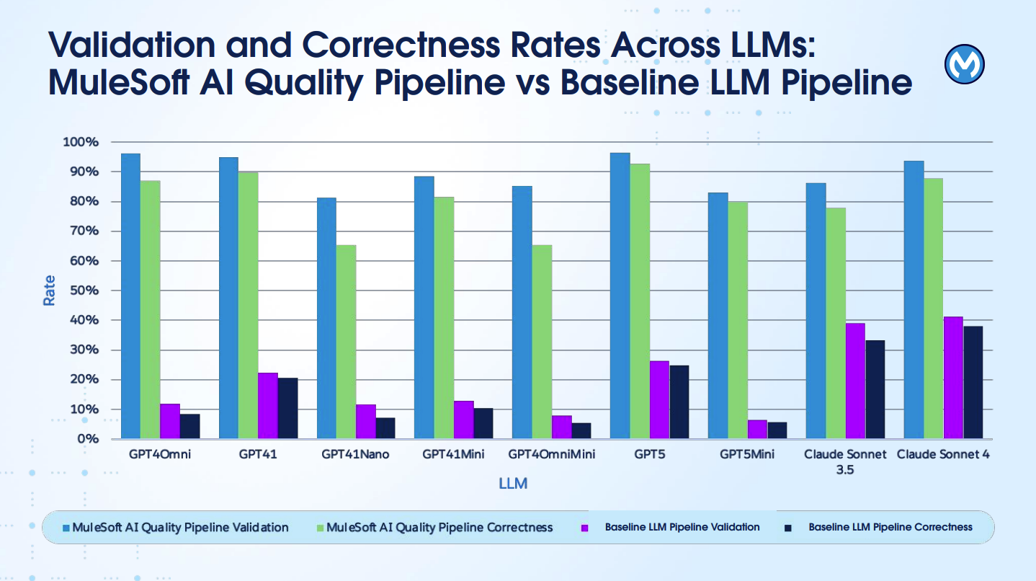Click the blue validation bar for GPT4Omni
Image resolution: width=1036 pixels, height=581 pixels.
click(130, 296)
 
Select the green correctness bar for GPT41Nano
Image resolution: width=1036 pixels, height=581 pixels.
click(346, 342)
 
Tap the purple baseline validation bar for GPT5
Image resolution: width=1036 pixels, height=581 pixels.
click(659, 399)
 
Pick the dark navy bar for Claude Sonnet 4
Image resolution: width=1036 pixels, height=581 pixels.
click(973, 382)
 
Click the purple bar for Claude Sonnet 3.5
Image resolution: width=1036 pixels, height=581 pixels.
click(855, 381)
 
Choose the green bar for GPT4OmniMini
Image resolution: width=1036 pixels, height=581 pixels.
click(542, 342)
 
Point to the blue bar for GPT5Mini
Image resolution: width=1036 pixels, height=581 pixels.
click(718, 316)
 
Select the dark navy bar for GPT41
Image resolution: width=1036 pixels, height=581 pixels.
click(287, 408)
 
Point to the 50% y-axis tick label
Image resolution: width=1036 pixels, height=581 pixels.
click(83, 290)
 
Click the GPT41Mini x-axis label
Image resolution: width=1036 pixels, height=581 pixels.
click(453, 455)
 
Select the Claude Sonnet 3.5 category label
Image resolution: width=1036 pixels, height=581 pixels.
click(845, 462)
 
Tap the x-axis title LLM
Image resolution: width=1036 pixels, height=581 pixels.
click(513, 484)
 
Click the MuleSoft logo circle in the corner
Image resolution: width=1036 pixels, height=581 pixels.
click(964, 65)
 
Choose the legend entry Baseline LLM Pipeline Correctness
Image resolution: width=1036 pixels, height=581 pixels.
click(890, 528)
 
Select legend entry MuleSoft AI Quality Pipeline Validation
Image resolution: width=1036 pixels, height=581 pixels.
click(180, 528)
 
